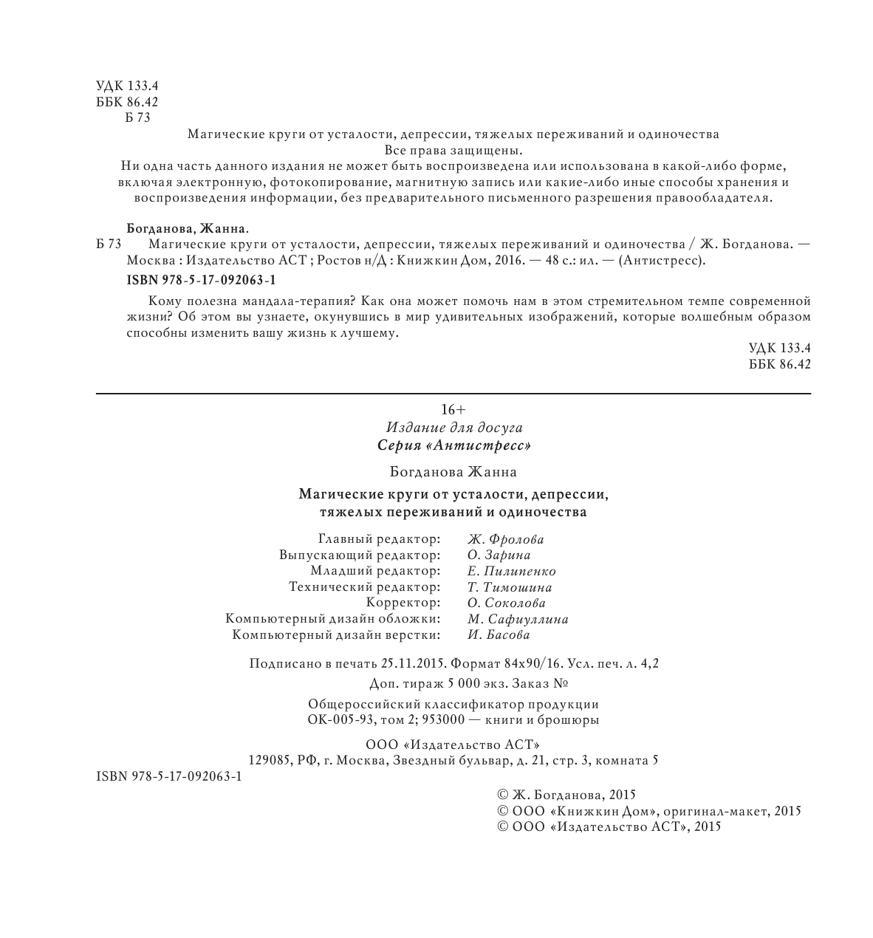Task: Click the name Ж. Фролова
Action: point(506,540)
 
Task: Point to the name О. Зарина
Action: point(499,555)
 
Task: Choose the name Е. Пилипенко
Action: point(512,572)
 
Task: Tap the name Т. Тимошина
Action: point(510,588)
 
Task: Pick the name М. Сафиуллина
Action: point(518,620)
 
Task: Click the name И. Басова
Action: point(499,635)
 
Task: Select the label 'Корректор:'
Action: point(408,603)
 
